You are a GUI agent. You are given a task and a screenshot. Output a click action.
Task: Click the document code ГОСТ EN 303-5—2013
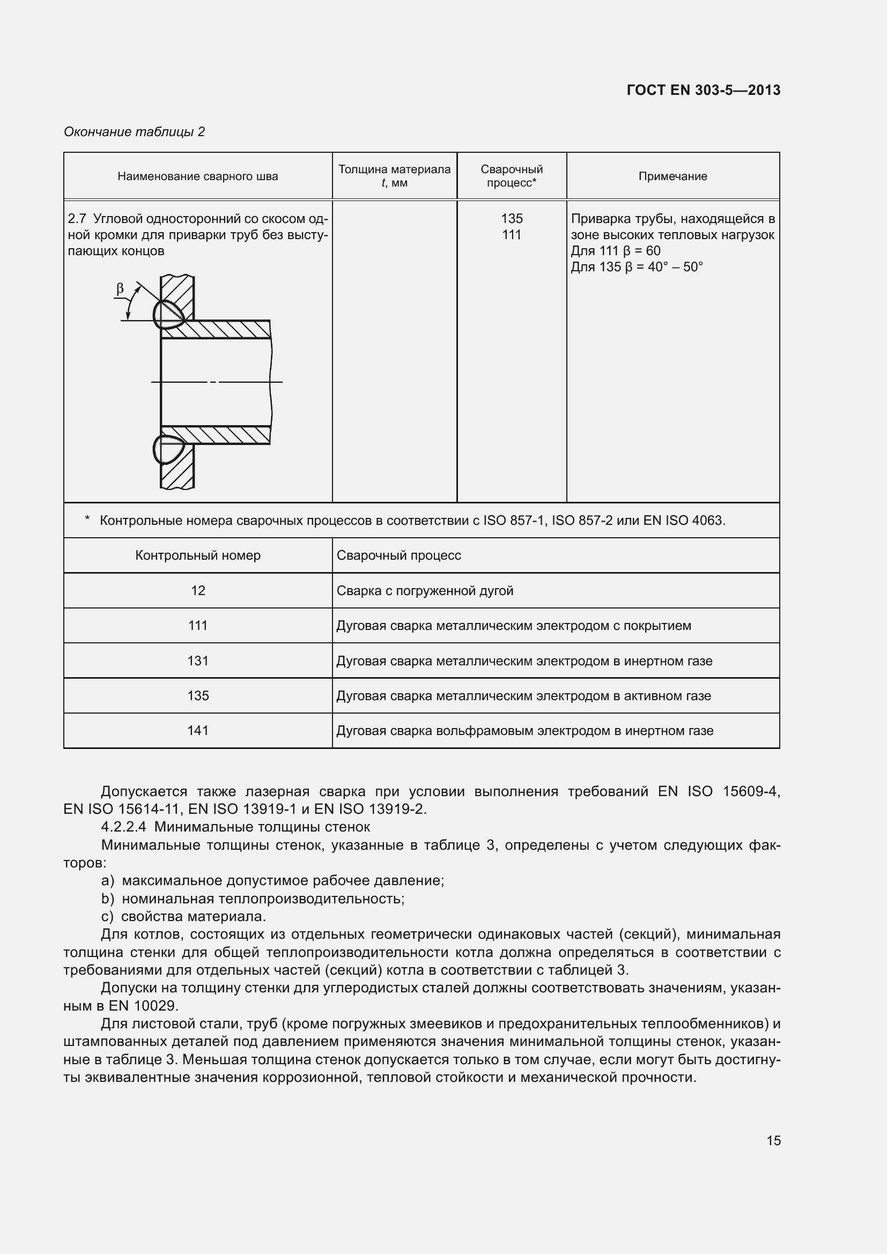(704, 90)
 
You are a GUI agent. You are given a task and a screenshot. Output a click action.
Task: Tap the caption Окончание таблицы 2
(135, 132)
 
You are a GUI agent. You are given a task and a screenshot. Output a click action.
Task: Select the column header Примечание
(672, 176)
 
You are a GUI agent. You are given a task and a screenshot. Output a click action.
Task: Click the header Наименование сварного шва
(198, 176)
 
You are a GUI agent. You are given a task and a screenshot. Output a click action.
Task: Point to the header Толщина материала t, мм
(394, 176)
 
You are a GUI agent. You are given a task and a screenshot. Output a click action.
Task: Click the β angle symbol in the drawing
(120, 288)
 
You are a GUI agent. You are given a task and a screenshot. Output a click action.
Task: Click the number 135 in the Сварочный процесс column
(512, 218)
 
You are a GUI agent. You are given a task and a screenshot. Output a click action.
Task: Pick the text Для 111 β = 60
(616, 251)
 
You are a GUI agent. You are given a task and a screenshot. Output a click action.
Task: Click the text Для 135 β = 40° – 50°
(637, 267)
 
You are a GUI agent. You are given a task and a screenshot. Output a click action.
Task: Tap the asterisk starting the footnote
(87, 520)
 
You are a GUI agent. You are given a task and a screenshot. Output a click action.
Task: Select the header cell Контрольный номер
(198, 555)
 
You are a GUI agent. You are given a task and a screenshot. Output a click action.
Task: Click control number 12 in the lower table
(198, 590)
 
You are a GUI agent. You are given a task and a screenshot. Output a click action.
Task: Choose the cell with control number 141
(198, 731)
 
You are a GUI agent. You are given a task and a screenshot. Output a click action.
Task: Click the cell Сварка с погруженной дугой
(425, 591)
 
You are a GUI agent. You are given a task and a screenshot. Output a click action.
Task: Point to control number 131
(198, 661)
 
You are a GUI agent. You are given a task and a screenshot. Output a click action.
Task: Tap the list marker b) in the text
(108, 899)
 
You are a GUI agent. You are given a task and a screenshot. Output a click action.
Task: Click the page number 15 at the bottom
(773, 1140)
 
